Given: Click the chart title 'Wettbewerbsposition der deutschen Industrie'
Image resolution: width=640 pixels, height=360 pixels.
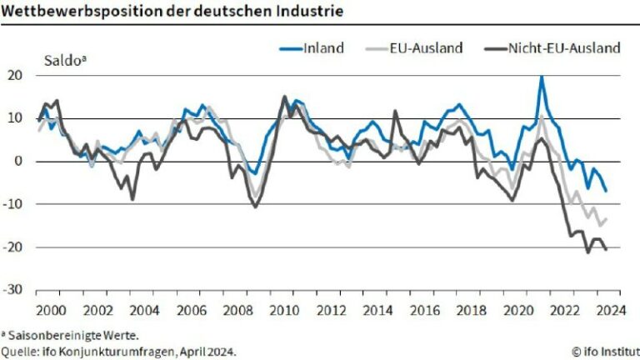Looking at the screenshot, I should tap(171, 11).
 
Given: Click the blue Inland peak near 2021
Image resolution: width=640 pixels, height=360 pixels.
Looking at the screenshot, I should tap(542, 77).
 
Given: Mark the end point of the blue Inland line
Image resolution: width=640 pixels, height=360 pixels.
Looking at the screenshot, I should tap(606, 191).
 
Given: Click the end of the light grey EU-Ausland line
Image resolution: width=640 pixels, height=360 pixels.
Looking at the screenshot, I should tap(606, 219).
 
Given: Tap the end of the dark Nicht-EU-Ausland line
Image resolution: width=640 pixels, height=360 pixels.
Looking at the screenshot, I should tap(606, 249).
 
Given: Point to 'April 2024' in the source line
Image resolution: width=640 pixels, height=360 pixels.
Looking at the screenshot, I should tap(203, 352).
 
